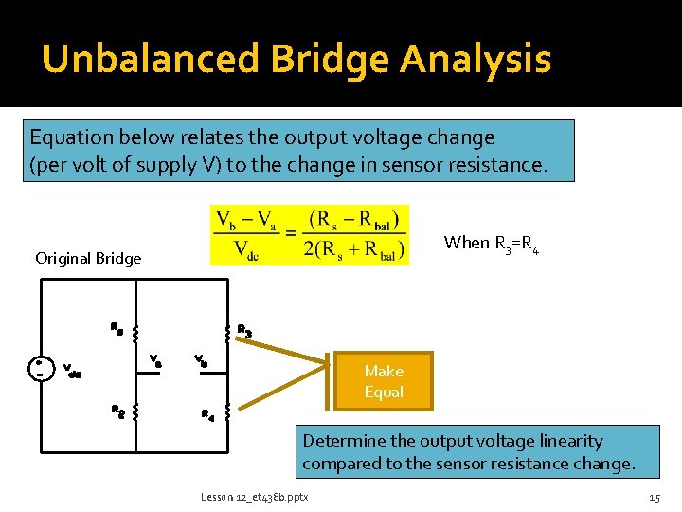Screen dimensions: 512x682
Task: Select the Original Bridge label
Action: pos(88,258)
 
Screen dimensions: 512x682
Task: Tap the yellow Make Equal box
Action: pos(383,381)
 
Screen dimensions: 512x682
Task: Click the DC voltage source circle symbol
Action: pos(40,368)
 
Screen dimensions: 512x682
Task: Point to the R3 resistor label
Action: pos(243,331)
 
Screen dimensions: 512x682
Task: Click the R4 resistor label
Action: pos(207,414)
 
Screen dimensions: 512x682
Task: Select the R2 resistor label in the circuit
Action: pos(117,411)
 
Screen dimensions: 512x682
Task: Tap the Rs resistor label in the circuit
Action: pos(117,330)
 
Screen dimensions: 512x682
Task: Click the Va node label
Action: pos(156,361)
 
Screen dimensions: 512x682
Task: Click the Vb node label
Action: pos(201,360)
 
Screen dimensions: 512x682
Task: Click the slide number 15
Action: pos(654,497)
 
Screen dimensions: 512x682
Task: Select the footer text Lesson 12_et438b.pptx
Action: pos(253,497)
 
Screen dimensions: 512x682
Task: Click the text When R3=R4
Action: pos(498,244)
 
